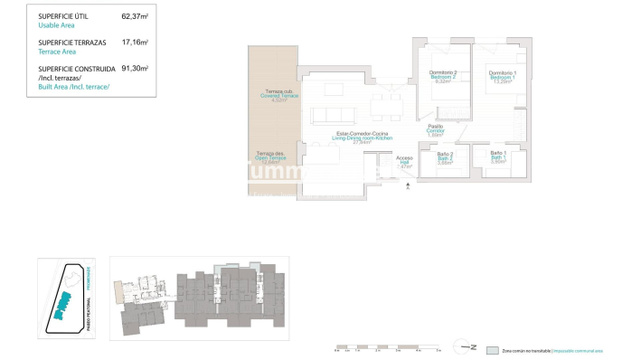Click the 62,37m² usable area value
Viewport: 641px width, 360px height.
pyautogui.click(x=135, y=16)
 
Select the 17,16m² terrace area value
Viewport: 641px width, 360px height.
pyautogui.click(x=135, y=43)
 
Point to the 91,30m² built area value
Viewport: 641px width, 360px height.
pyautogui.click(x=135, y=68)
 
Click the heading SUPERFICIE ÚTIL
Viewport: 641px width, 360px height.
pyautogui.click(x=65, y=16)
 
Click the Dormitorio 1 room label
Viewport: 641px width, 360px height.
pyautogui.click(x=502, y=72)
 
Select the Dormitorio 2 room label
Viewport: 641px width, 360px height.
pyautogui.click(x=443, y=72)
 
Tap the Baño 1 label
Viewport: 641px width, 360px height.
pyautogui.click(x=498, y=154)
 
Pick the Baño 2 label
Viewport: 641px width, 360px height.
pyautogui.click(x=445, y=155)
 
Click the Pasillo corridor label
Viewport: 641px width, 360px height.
pyautogui.click(x=436, y=127)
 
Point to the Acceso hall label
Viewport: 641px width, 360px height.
pyautogui.click(x=404, y=158)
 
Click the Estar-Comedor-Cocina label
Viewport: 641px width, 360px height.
pyautogui.click(x=363, y=135)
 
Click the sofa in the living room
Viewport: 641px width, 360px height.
pyautogui.click(x=333, y=115)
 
